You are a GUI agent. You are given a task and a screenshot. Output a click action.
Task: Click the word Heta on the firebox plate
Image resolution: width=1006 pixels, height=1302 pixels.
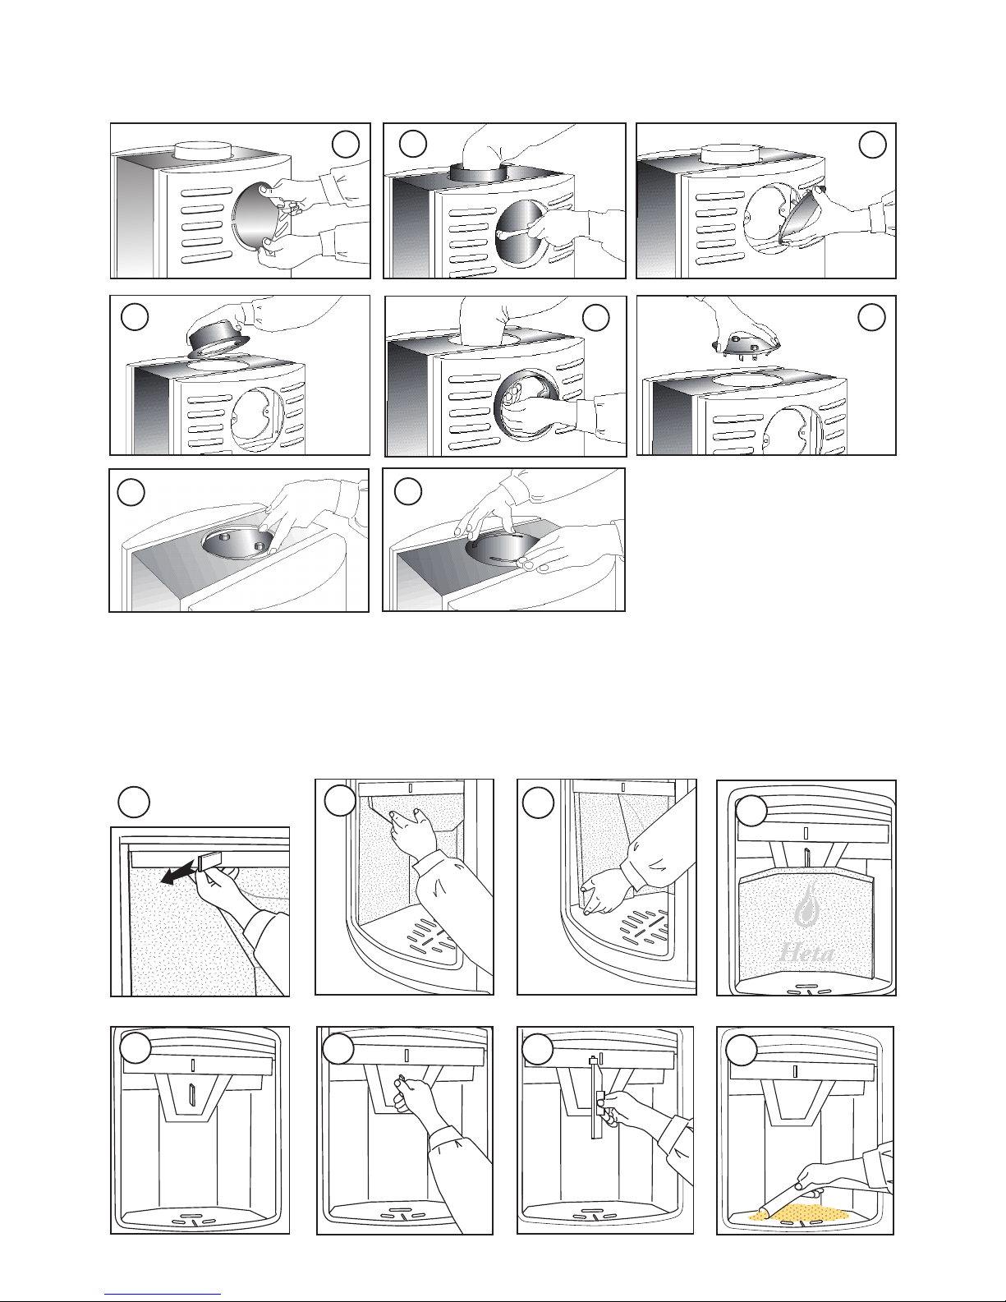pyautogui.click(x=806, y=952)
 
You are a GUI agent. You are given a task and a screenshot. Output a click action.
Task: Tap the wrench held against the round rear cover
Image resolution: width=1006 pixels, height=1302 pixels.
pyautogui.click(x=514, y=232)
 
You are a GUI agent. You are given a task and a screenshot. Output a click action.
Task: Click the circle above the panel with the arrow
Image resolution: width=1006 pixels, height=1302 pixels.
pyautogui.click(x=134, y=803)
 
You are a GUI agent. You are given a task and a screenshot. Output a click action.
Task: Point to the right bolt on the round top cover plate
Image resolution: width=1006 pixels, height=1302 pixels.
pyautogui.click(x=260, y=546)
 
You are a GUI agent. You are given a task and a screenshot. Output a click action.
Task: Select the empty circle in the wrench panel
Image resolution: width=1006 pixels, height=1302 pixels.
pyautogui.click(x=412, y=144)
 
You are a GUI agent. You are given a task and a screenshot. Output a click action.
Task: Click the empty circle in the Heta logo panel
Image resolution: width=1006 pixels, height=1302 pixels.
pyautogui.click(x=751, y=811)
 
